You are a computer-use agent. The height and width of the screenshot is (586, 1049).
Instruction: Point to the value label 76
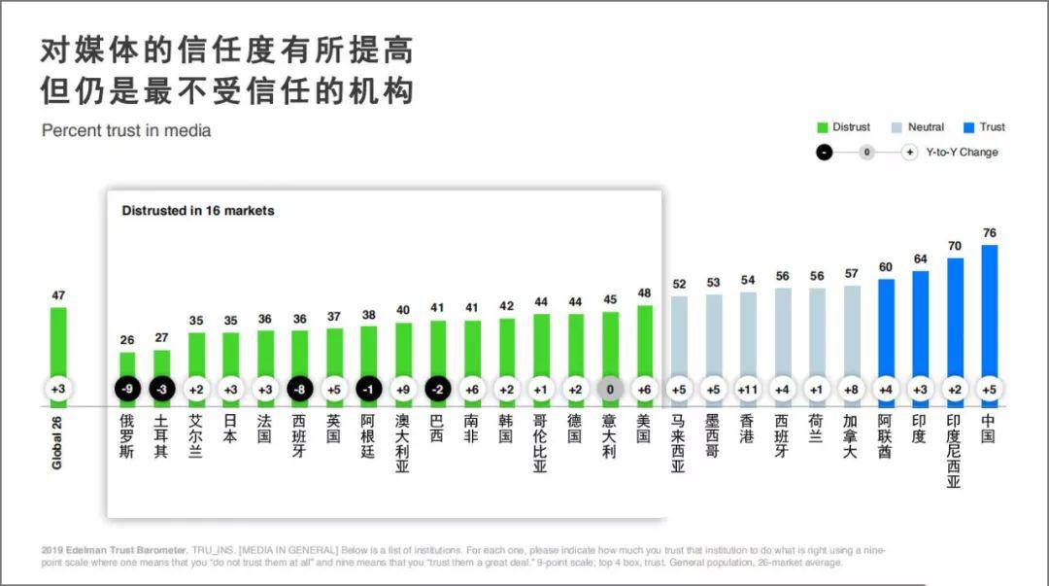coord(989,233)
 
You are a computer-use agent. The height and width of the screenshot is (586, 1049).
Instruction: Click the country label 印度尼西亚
coord(954,452)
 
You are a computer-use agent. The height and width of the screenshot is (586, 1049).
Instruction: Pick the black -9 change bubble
coord(127,390)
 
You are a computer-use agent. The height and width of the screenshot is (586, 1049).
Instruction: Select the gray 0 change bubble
coord(610,390)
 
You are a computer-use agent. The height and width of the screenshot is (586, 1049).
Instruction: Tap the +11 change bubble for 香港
coord(747,390)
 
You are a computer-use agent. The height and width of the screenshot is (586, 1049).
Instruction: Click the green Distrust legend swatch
coord(822,127)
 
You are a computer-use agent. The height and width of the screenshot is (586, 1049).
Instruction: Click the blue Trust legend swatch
coord(968,127)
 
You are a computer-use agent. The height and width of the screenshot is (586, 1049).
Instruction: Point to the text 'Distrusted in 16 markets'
coord(198,210)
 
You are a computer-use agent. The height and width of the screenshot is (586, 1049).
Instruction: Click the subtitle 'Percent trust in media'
coord(126,130)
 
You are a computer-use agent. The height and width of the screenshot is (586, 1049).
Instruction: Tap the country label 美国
coord(643,430)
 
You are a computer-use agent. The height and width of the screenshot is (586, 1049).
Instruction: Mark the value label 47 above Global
coord(58,295)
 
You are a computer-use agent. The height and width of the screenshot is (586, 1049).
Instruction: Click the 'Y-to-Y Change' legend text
coord(962,153)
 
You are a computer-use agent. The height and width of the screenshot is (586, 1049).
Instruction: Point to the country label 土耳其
coord(162,436)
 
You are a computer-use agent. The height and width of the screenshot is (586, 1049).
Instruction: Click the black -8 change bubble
coord(299,390)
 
